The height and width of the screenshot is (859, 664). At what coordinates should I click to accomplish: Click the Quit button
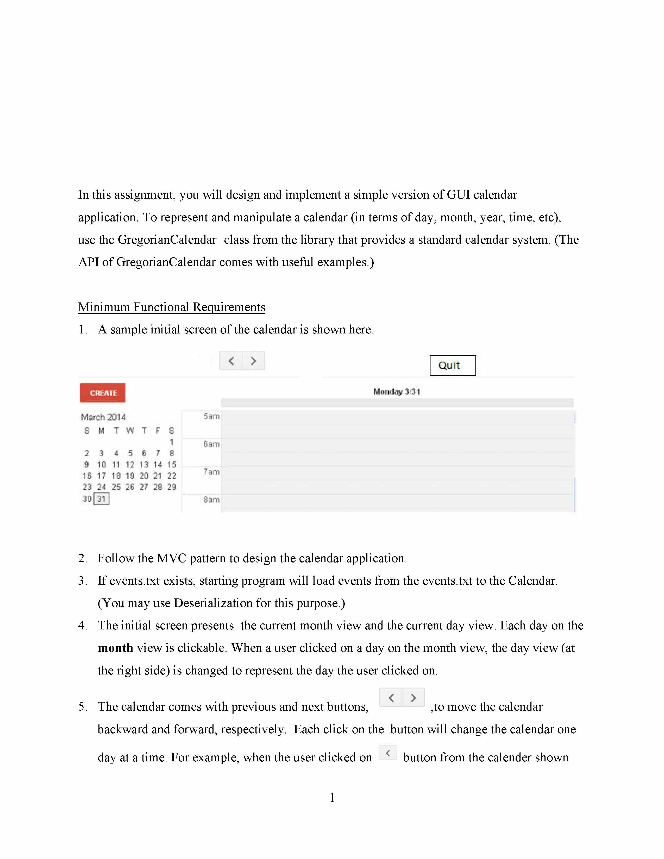[452, 365]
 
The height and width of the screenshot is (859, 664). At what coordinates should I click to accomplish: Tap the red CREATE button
[103, 393]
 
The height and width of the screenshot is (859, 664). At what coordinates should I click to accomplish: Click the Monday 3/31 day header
[397, 391]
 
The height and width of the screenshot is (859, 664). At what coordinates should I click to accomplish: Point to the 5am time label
[211, 416]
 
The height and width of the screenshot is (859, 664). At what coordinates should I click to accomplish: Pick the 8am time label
[211, 500]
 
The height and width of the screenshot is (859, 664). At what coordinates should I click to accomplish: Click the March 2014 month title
[103, 417]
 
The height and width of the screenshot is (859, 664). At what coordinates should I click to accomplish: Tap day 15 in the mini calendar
[172, 464]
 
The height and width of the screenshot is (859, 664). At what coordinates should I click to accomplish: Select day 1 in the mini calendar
[172, 442]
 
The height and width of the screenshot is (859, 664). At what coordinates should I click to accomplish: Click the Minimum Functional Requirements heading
[172, 307]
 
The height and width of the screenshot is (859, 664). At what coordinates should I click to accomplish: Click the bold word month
[115, 648]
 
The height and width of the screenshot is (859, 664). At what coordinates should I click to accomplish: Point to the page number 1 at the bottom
[332, 798]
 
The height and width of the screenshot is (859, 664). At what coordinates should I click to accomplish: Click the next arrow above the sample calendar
[253, 361]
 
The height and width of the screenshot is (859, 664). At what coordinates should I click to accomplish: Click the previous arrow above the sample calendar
[231, 361]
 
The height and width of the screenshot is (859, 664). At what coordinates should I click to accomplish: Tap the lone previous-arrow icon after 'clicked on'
[387, 753]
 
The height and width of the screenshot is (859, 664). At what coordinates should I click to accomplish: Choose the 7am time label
[211, 472]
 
